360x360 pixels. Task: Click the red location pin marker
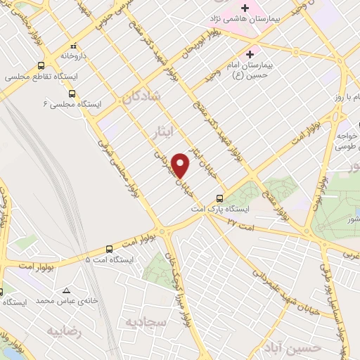tap(181, 165)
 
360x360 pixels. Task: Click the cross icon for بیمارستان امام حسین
tap(251, 53)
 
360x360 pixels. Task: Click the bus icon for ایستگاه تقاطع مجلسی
tap(13, 76)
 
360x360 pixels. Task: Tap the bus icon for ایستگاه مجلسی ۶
tap(72, 93)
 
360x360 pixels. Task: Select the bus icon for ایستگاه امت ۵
tap(109, 249)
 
